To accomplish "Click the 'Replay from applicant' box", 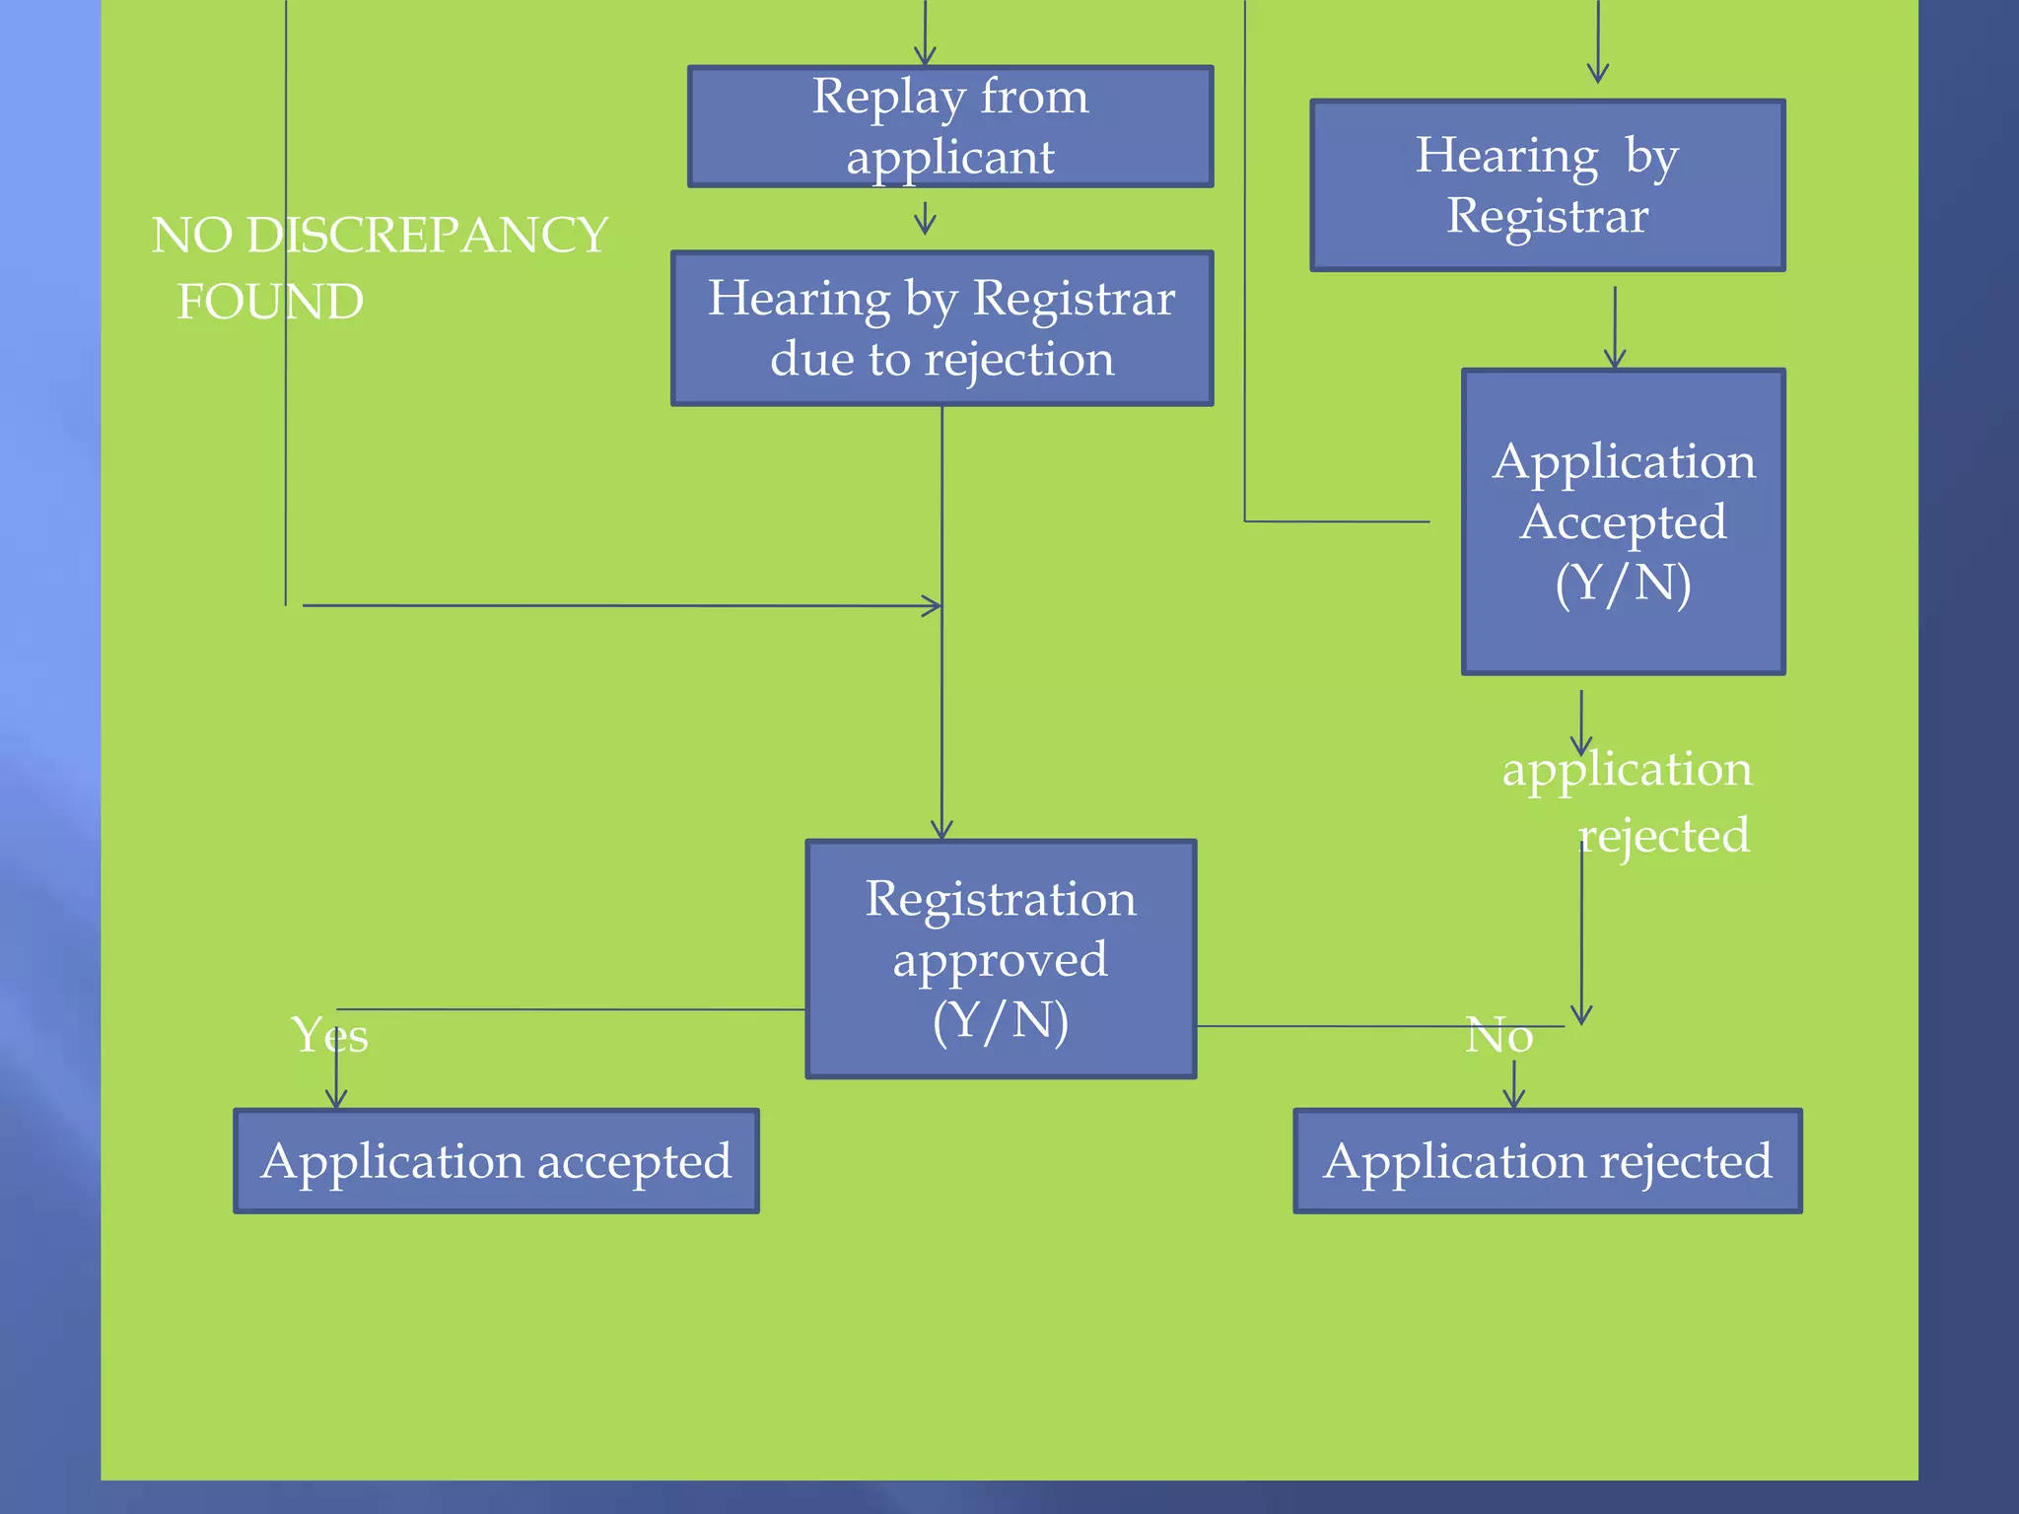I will point(950,126).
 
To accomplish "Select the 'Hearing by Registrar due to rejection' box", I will point(941,328).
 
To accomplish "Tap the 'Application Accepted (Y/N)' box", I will point(1623,521).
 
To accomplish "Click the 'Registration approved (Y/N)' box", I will point(1001,958).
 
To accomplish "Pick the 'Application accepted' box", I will point(496,1160).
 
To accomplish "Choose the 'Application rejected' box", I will point(1547,1160).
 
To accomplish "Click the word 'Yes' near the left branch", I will point(329,1035).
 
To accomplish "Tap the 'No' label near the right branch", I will point(1498,1035).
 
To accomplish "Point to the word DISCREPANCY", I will point(427,236).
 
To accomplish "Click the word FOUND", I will point(270,302).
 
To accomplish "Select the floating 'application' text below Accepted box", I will point(1627,769).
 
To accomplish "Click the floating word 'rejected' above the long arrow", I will point(1664,836).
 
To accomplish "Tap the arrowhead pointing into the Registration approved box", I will point(941,830).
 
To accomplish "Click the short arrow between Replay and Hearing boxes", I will point(925,219).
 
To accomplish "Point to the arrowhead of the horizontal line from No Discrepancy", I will point(932,606).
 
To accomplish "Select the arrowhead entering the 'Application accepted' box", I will point(336,1098).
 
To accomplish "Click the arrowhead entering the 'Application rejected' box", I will point(1514,1098).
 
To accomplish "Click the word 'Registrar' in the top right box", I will point(1547,216).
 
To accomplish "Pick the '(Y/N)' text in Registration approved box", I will point(1001,1021).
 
